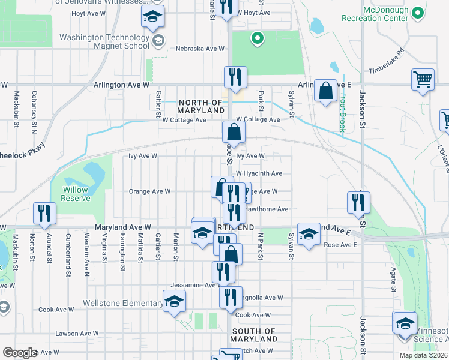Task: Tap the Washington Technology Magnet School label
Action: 104,41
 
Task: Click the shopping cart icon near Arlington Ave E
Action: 423,79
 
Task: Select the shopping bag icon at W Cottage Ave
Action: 234,133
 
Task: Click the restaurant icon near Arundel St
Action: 44,213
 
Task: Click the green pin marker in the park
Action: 258,39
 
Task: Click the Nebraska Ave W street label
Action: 200,49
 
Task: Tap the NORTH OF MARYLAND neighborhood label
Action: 201,106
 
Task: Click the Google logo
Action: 20,353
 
